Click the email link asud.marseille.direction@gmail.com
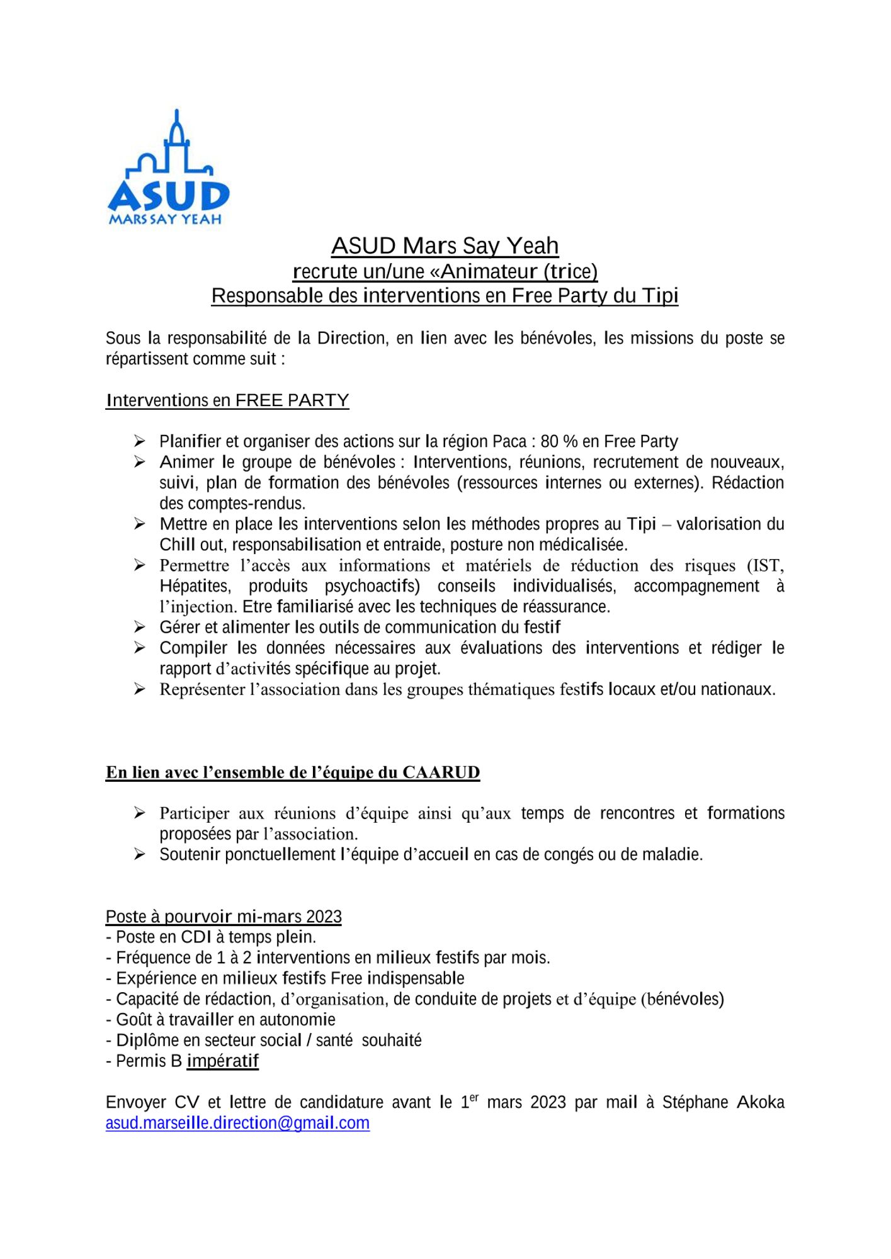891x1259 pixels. tap(237, 1122)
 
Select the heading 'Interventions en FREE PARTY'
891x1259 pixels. tap(227, 400)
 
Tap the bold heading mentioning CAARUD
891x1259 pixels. tap(293, 772)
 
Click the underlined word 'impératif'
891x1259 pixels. tap(223, 1061)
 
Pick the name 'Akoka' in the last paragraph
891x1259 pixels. tap(760, 1102)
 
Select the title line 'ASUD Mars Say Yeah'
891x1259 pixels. tap(445, 246)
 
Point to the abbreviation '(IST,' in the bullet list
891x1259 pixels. tap(765, 565)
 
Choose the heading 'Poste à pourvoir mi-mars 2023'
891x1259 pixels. tap(224, 917)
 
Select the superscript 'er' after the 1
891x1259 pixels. tap(474, 1097)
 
